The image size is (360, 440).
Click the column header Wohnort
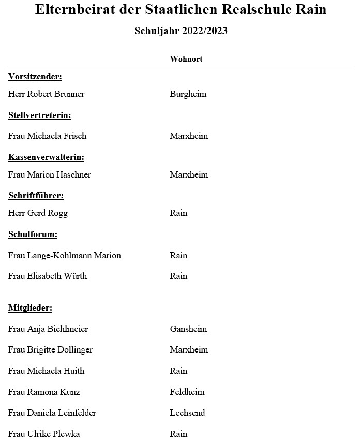click(186, 59)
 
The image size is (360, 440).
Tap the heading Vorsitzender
click(35, 77)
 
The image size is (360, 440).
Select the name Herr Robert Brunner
click(47, 94)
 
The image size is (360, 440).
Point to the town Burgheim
click(188, 94)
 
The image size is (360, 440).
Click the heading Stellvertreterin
click(39, 115)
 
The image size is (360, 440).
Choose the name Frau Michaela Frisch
click(48, 136)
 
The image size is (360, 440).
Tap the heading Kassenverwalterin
click(46, 157)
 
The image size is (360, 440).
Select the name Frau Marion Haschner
click(50, 175)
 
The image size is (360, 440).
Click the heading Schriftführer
click(36, 196)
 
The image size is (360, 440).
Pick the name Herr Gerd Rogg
click(38, 213)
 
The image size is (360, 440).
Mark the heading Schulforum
click(33, 234)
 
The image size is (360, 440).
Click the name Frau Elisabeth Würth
click(48, 276)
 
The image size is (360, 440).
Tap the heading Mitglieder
click(31, 308)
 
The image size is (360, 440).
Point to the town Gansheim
click(188, 329)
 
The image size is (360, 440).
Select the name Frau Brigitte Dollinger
click(51, 350)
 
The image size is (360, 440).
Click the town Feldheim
click(187, 392)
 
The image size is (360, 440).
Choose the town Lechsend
click(187, 413)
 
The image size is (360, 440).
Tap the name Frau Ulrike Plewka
click(44, 434)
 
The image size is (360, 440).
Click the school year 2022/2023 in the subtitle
click(204, 31)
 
